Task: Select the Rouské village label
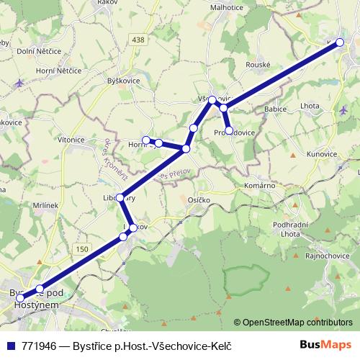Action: pos(258,64)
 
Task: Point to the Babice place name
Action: pos(276,109)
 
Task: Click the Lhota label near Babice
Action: pos(311,106)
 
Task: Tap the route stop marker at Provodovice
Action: pos(229,130)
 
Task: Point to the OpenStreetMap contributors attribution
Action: pos(297,322)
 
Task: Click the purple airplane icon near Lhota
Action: pos(343,110)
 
